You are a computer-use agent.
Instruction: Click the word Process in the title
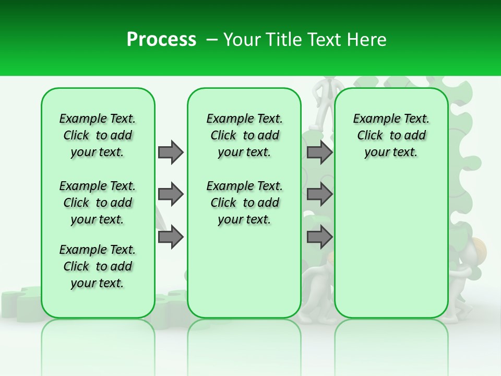click(x=161, y=40)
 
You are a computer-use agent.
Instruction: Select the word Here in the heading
click(x=366, y=40)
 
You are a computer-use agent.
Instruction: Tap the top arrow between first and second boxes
click(x=171, y=152)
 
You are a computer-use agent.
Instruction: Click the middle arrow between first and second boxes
click(x=171, y=194)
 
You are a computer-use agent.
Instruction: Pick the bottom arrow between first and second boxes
click(x=171, y=237)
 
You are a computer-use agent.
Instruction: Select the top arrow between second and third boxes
click(x=319, y=152)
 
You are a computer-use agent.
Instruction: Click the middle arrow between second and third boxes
click(x=319, y=194)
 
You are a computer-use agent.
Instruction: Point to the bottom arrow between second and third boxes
click(x=319, y=237)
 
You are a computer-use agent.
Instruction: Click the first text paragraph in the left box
click(x=98, y=135)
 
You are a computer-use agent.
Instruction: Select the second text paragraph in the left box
click(x=98, y=203)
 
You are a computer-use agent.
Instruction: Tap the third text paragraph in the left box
click(x=98, y=266)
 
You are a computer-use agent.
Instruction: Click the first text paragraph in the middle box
click(x=244, y=135)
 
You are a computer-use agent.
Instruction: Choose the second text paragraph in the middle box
click(x=244, y=203)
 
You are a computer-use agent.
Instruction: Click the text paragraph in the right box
click(x=391, y=135)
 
